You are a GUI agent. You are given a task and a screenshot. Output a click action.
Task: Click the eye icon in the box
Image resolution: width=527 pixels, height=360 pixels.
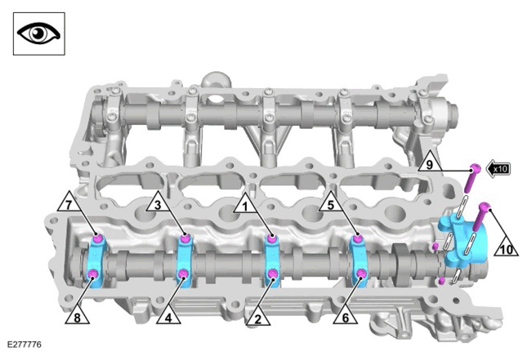point(38,33)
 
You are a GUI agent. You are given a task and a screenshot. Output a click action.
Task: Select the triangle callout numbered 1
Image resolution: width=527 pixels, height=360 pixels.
point(245,205)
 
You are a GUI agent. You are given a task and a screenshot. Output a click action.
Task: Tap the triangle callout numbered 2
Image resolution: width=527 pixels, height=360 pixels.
point(258,318)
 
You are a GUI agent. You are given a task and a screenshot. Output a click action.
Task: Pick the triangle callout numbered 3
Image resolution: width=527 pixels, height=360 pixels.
point(158,203)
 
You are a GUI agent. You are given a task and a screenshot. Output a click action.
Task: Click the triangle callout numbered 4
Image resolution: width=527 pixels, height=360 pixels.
point(168,317)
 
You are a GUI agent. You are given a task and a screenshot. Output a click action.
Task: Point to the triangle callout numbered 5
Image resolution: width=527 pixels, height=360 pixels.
point(331,203)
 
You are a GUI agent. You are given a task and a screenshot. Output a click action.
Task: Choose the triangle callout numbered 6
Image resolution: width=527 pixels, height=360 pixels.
point(345,317)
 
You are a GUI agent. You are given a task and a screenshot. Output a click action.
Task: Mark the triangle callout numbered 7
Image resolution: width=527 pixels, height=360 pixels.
point(69,203)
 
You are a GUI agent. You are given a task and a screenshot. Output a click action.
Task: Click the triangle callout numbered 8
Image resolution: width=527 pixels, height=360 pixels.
point(78,317)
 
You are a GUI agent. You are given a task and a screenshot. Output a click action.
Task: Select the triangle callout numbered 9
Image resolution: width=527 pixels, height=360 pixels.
point(431,163)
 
